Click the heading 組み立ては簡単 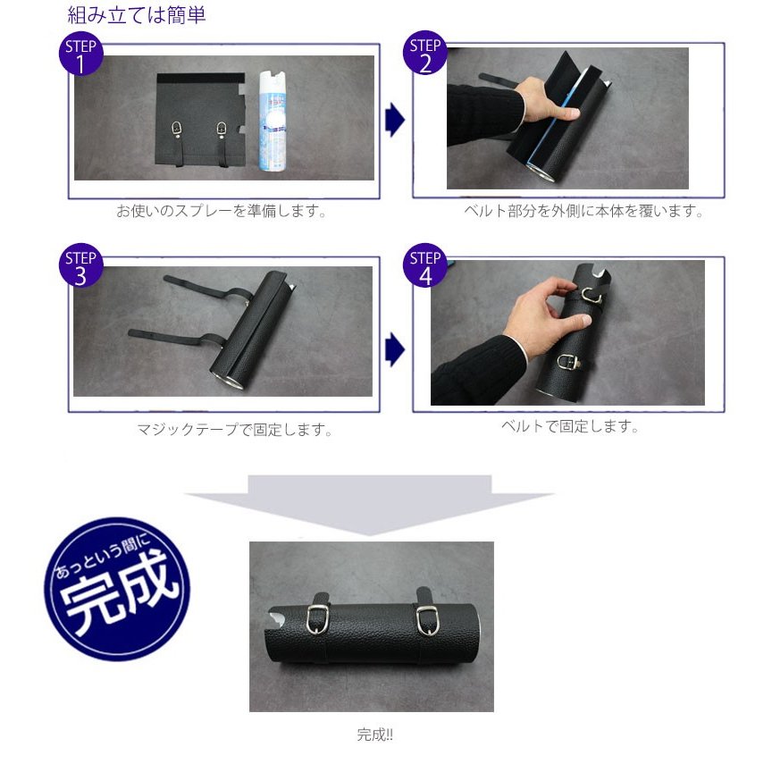(x=137, y=15)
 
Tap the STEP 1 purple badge (x=81, y=56)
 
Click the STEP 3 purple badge (x=81, y=268)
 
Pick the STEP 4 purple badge (x=425, y=268)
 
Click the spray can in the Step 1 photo (x=270, y=120)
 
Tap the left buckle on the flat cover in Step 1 (x=177, y=130)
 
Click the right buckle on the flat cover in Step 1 (x=221, y=130)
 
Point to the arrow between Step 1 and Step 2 (x=394, y=120)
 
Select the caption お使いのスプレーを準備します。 (x=222, y=212)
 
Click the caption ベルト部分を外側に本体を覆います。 (x=583, y=212)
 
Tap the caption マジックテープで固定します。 (x=235, y=430)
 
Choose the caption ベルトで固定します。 (x=570, y=426)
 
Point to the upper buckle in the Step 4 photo (x=591, y=295)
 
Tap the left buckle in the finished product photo (x=316, y=618)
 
